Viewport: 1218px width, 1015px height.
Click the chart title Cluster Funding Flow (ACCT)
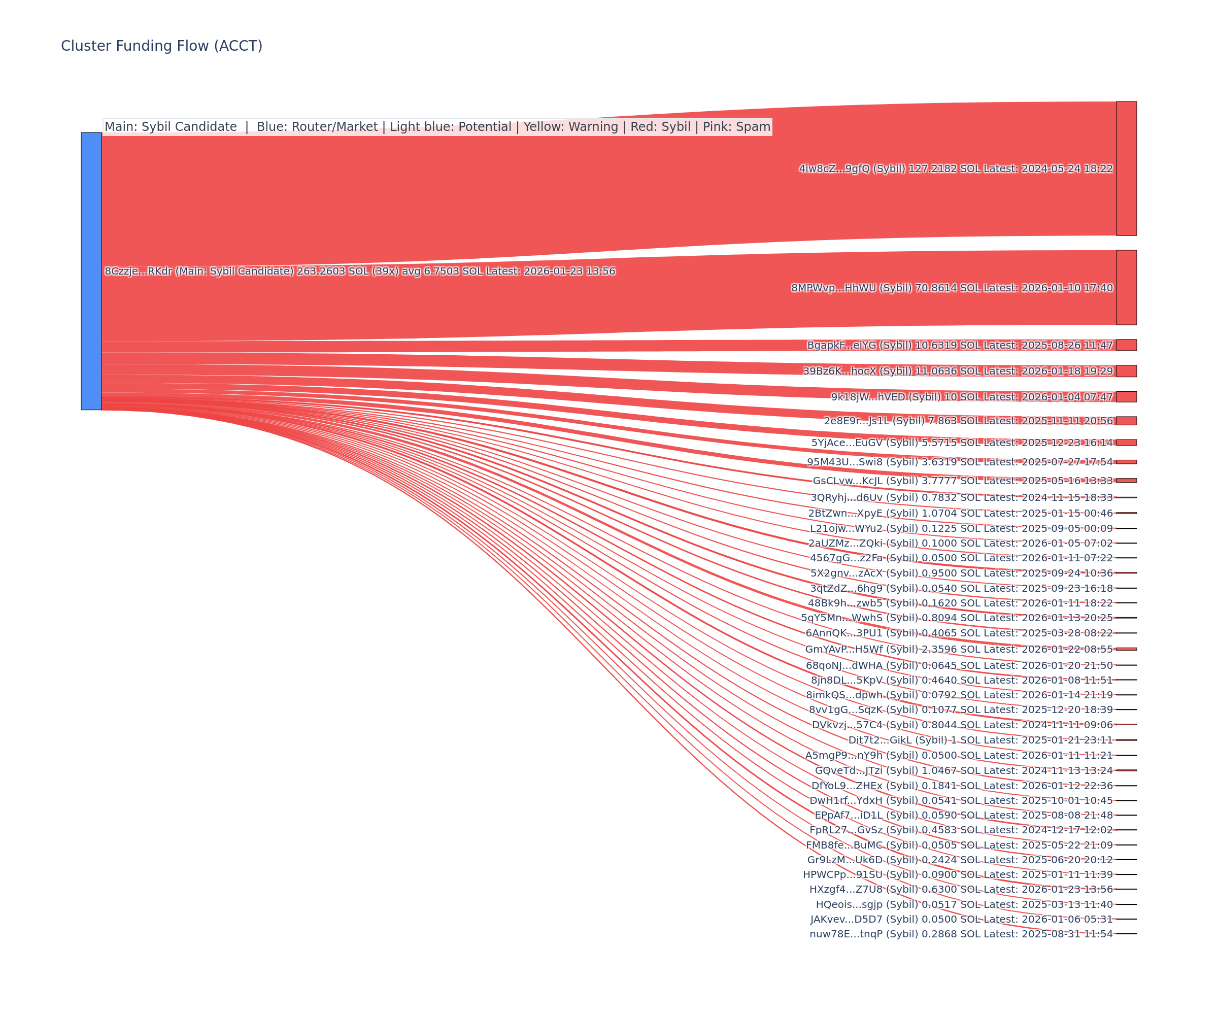click(161, 46)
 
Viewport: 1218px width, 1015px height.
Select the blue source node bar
click(91, 271)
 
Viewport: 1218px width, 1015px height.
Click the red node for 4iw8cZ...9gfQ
click(1126, 168)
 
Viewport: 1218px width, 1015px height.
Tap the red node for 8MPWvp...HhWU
click(1126, 287)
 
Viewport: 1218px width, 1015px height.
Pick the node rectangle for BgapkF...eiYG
click(1126, 345)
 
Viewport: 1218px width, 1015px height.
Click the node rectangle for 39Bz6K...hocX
click(1126, 370)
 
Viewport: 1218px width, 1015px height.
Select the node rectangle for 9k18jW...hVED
click(1126, 397)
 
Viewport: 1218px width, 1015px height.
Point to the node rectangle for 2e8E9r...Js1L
click(1126, 421)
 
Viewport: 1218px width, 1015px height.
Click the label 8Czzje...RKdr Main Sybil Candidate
click(360, 271)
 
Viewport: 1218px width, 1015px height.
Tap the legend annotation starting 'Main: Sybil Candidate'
click(437, 126)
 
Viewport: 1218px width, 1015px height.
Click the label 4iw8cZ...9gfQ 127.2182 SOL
click(956, 169)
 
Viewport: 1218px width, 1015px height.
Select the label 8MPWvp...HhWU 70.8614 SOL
click(952, 288)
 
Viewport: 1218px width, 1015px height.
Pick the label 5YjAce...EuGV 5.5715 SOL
click(962, 443)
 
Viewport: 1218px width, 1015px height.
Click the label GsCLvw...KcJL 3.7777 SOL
click(962, 481)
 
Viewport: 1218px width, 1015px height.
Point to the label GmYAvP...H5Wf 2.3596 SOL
click(959, 649)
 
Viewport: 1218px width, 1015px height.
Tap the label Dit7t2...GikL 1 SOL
click(980, 740)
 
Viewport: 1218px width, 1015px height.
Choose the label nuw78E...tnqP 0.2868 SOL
click(961, 934)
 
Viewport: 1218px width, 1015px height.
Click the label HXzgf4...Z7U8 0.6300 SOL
click(961, 889)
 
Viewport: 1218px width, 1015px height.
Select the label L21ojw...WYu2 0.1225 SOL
click(961, 528)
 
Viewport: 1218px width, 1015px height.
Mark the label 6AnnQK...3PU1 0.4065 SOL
click(959, 633)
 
